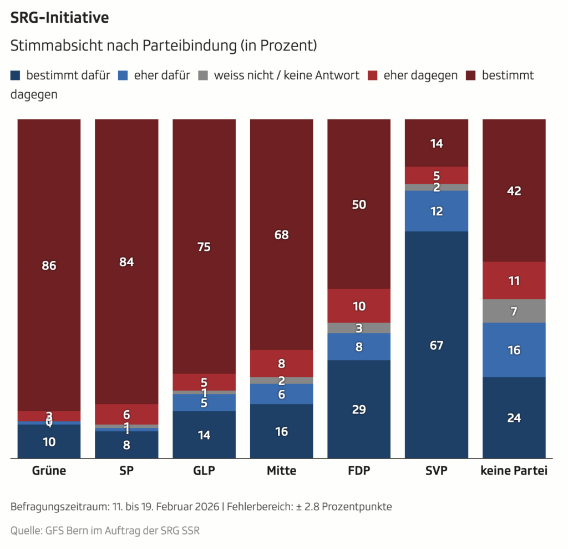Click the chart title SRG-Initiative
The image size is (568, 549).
click(x=59, y=18)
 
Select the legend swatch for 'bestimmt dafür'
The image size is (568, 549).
click(x=16, y=75)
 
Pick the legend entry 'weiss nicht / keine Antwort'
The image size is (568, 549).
click(x=287, y=75)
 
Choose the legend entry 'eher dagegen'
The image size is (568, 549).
click(x=420, y=75)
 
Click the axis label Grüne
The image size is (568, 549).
click(x=49, y=471)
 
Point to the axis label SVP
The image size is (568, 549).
click(x=436, y=471)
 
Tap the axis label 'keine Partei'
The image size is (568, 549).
click(x=514, y=471)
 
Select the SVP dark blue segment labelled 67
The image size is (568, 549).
click(x=437, y=345)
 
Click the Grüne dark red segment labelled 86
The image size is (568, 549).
click(x=49, y=265)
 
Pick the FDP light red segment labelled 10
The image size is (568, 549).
click(x=359, y=306)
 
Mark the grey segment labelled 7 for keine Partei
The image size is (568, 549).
click(x=514, y=311)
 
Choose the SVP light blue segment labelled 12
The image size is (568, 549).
click(x=437, y=211)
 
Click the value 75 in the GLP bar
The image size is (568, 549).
click(x=204, y=247)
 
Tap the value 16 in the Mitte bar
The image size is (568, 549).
click(x=282, y=431)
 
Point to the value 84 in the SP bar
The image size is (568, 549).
click(x=126, y=262)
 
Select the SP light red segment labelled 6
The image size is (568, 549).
click(x=126, y=414)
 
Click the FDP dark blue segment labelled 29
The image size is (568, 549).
click(x=359, y=410)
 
